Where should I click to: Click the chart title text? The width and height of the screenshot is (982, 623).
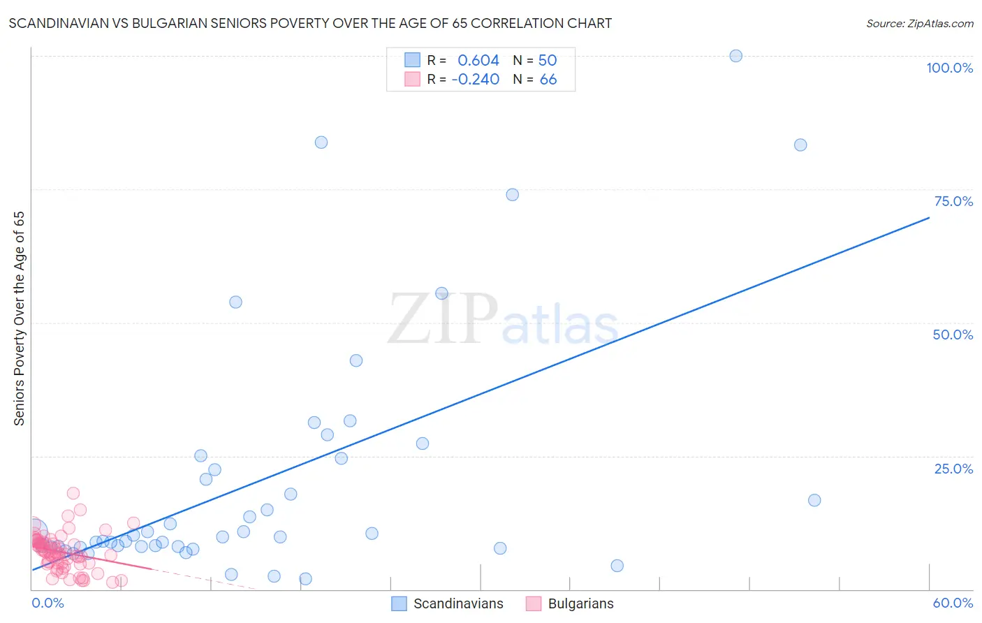310,23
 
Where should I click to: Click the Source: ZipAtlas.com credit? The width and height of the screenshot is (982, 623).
919,23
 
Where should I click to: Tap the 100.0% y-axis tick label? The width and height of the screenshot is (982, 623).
949,68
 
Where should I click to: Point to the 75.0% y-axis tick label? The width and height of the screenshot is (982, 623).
953,201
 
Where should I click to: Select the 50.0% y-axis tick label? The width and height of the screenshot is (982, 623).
953,335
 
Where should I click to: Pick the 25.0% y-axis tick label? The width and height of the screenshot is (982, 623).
953,469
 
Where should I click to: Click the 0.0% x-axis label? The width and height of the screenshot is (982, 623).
47,603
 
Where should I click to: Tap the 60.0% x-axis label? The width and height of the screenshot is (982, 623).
953,603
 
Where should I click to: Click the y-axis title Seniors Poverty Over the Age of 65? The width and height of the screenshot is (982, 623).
19,318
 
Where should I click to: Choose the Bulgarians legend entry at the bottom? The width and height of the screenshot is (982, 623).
580,603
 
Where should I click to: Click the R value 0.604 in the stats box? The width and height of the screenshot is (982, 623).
478,60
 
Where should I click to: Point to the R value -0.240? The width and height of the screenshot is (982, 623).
476,79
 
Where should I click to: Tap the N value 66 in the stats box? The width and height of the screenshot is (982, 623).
548,79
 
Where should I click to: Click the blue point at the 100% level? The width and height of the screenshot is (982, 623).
735,56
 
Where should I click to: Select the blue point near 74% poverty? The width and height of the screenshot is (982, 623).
512,195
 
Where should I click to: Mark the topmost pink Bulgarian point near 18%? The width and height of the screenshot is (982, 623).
73,493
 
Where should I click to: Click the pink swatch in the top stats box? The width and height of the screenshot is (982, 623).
412,79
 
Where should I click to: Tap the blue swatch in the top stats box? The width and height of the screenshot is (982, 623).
412,60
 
